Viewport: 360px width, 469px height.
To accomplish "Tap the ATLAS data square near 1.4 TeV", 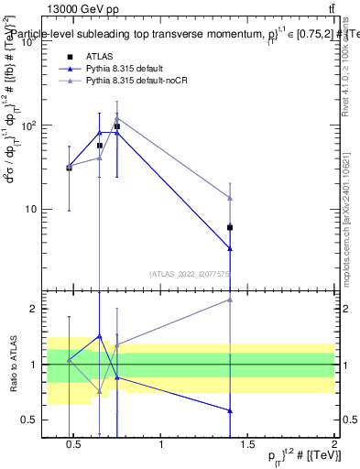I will [x=230, y=227].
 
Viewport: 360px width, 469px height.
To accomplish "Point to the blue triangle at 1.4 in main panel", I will [x=230, y=248].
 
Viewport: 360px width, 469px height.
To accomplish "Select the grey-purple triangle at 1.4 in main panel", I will [x=230, y=198].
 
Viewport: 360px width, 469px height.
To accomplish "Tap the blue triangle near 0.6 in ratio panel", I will [x=230, y=410].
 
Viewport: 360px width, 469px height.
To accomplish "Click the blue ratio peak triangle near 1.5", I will [x=100, y=336].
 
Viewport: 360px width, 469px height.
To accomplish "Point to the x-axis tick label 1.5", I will [x=247, y=444].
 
